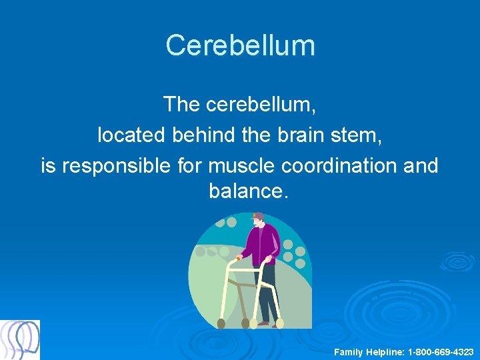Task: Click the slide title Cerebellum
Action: tap(240, 46)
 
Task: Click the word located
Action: tap(131, 135)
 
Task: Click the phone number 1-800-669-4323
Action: tap(441, 351)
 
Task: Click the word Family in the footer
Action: tap(349, 351)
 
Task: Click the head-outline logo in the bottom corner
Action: tap(20, 339)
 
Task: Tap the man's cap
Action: tap(257, 217)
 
